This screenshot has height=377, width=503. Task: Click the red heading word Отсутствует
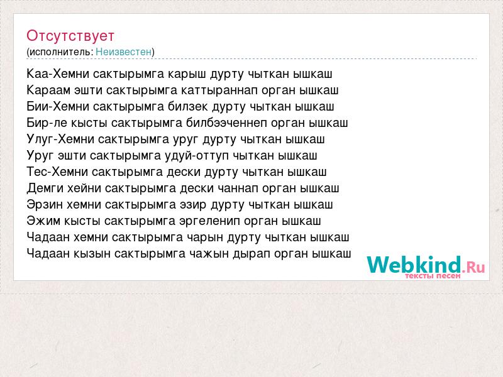point(70,36)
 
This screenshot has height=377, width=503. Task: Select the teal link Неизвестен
point(123,52)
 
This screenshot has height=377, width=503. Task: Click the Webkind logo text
point(414,265)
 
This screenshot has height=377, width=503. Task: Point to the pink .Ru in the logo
point(473,266)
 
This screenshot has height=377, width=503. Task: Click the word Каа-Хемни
point(58,74)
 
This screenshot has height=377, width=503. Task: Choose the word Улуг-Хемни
point(60,139)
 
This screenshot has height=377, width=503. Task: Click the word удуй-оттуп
point(197,155)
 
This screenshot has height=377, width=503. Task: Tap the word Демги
point(45,188)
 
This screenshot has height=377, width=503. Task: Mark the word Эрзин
point(45,205)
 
